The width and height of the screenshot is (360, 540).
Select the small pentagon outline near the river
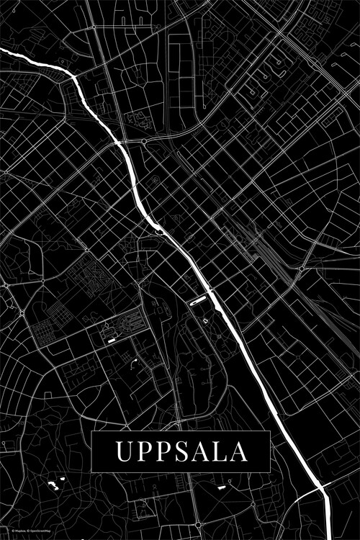click(x=205, y=320)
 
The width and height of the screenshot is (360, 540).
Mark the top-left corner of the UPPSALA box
click(x=92, y=431)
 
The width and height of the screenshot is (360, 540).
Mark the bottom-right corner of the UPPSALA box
click(x=269, y=471)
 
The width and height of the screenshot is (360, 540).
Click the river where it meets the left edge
click(x=2, y=51)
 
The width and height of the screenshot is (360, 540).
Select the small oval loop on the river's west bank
click(x=158, y=230)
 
